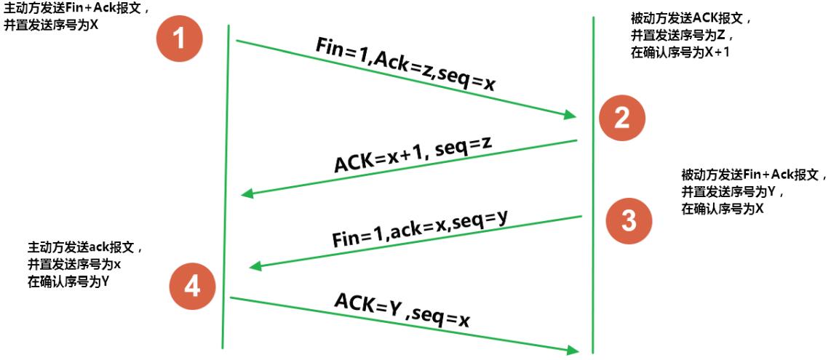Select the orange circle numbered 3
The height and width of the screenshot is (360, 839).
click(x=629, y=220)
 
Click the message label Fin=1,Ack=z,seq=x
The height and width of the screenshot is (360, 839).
click(x=406, y=65)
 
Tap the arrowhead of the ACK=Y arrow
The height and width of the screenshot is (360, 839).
click(x=573, y=351)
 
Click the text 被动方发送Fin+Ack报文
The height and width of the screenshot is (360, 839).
click(x=754, y=175)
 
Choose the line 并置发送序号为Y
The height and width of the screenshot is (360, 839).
click(x=731, y=192)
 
